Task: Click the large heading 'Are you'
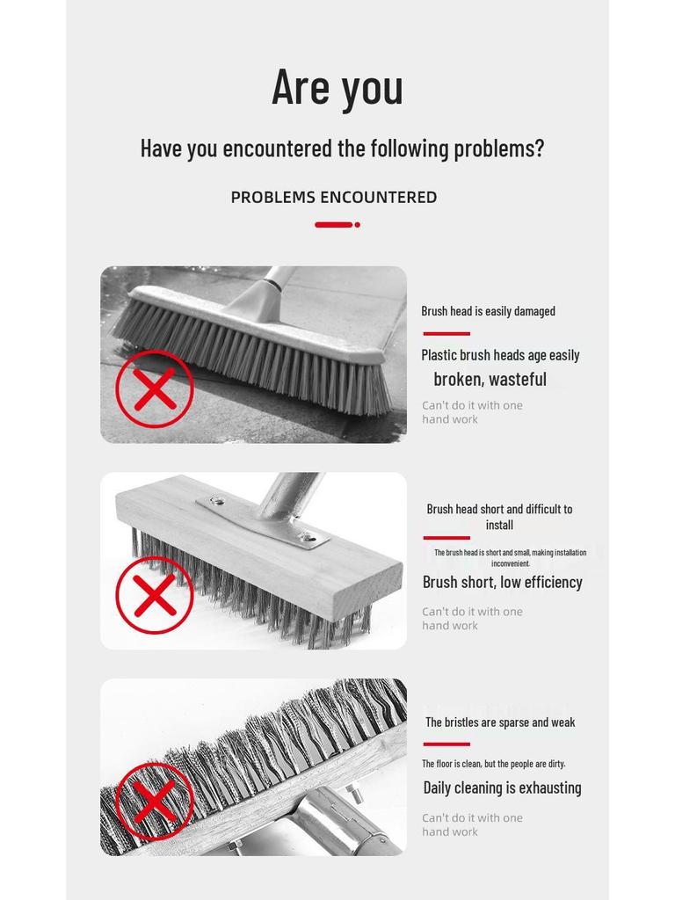click(337, 87)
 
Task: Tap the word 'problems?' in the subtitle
click(498, 148)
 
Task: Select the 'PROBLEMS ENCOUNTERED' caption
click(334, 197)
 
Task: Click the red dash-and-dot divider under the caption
click(337, 225)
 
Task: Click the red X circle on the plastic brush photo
click(155, 389)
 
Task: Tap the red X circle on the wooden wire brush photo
click(155, 595)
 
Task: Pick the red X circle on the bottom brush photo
click(155, 801)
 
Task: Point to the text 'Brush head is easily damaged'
click(488, 311)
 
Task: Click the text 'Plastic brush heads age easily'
click(500, 355)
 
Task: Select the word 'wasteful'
click(518, 380)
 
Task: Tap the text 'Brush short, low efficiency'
click(502, 582)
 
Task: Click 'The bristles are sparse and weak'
click(500, 722)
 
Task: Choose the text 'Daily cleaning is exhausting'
click(502, 787)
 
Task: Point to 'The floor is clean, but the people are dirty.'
click(493, 764)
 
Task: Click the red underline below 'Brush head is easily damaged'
click(446, 334)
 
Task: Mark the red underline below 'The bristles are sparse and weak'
click(446, 744)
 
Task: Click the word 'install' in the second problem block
click(499, 525)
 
